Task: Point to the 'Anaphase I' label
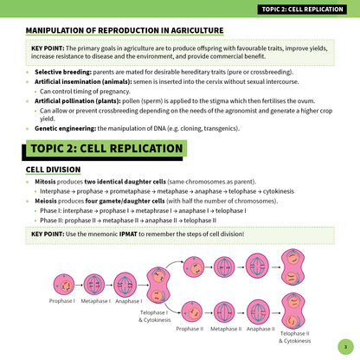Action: (129, 300)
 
